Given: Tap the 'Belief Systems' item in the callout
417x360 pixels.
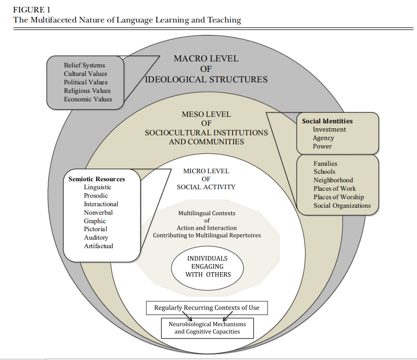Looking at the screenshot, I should point(84,65).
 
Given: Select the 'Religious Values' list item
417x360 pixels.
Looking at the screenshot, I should point(87,91).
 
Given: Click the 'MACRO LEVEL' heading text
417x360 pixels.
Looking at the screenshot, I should point(206,58).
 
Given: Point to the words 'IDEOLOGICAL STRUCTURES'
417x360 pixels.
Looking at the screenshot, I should point(206,79).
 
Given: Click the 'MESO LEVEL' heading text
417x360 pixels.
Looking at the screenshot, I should point(206,114).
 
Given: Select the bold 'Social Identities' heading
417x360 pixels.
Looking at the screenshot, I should point(327,121).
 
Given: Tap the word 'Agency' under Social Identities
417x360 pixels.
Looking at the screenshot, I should point(323,138).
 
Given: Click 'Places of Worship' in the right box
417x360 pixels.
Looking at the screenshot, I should point(339,197).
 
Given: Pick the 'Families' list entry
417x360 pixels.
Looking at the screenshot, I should point(325,163).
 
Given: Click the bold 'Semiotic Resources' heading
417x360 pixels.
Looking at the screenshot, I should point(96,179).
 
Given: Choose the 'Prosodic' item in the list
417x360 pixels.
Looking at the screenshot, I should point(95,196).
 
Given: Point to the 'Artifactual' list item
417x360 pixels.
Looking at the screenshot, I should point(98,246).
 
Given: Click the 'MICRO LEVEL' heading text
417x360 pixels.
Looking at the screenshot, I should point(206,171).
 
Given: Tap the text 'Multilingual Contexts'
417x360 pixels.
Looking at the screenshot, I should point(207,213).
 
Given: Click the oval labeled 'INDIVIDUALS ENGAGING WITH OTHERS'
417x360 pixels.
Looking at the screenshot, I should point(207,266).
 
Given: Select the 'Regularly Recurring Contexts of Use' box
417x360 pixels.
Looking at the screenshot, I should point(206,308).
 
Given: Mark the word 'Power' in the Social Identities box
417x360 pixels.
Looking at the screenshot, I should point(322,146).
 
